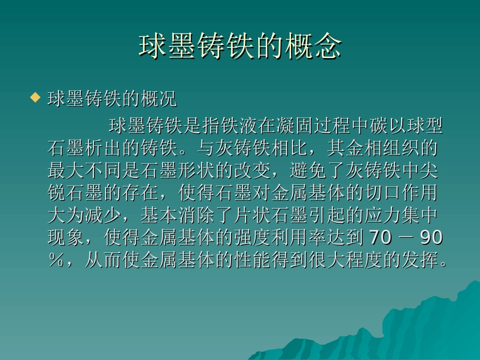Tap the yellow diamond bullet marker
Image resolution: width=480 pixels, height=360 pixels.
click(x=35, y=97)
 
